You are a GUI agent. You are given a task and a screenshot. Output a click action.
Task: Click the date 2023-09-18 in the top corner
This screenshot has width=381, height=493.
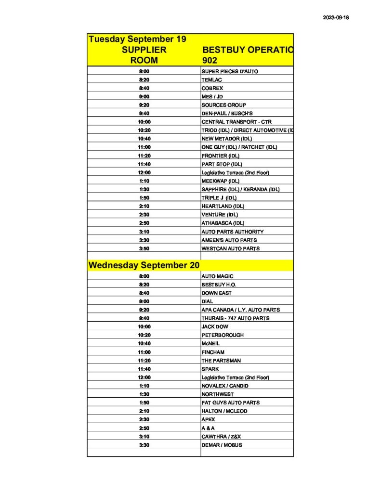335,17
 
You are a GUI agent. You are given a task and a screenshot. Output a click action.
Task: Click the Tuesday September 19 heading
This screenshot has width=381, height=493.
137,39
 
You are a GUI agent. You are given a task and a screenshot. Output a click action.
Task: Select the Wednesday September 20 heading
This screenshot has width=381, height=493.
144,265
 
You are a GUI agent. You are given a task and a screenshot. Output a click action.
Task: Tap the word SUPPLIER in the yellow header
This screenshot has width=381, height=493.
144,50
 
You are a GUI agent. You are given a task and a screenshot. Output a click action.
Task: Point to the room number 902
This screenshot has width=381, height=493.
210,61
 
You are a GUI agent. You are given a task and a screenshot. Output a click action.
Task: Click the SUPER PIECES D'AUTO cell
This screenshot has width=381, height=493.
230,71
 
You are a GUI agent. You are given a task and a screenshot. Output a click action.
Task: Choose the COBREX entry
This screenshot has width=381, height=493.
212,88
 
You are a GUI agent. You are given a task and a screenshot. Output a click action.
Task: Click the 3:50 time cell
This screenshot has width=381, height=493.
144,248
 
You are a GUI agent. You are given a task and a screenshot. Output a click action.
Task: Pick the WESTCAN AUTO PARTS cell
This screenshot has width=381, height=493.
231,248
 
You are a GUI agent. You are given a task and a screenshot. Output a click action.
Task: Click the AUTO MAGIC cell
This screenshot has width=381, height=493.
217,276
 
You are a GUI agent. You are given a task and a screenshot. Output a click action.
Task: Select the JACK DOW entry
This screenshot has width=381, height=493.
215,326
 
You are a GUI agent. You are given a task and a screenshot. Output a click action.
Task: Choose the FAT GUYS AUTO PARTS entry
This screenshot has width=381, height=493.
231,402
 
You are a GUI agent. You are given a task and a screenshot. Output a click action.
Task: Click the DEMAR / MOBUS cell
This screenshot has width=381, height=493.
222,445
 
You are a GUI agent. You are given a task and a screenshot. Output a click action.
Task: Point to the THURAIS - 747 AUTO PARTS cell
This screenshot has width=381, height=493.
236,318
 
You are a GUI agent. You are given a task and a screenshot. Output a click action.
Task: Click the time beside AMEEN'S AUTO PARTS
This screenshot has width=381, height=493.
144,240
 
